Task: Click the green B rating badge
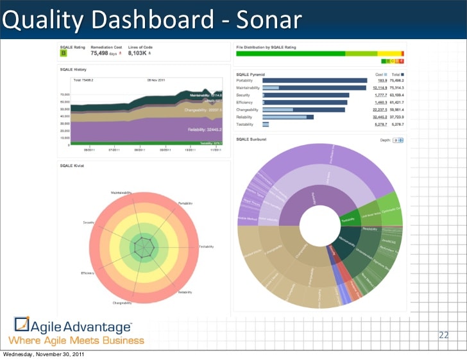click(x=64, y=53)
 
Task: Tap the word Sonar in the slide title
click(x=268, y=21)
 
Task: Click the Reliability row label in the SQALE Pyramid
click(x=244, y=117)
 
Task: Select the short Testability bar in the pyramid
click(x=264, y=124)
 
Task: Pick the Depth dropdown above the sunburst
click(x=396, y=139)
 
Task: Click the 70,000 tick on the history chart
click(x=65, y=94)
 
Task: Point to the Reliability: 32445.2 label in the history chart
click(x=205, y=130)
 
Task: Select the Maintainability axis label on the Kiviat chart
click(x=121, y=192)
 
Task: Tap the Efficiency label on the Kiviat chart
click(x=88, y=273)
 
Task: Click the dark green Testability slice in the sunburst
click(x=348, y=219)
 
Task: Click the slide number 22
click(x=443, y=335)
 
